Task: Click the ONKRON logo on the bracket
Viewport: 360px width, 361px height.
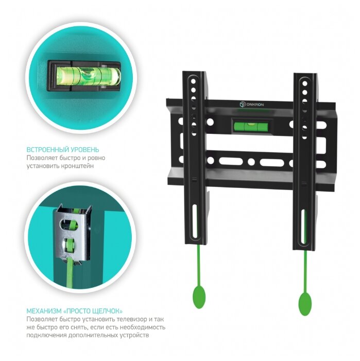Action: (252, 105)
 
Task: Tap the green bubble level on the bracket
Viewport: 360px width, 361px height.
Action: (251, 126)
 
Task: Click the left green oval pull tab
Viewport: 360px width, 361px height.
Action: (199, 298)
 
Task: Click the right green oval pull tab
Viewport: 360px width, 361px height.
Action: (305, 304)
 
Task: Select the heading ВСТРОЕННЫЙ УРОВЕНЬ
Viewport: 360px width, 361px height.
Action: (63, 150)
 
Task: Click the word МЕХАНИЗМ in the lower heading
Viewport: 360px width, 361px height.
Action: (44, 311)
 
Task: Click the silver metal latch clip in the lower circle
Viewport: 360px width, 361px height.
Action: (72, 233)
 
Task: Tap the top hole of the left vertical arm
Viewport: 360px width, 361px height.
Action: (193, 81)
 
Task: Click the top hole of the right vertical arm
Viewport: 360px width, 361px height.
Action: (305, 83)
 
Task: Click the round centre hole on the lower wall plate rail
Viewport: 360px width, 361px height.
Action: (251, 162)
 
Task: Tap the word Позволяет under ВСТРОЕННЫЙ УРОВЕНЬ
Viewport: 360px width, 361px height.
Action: (40, 158)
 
